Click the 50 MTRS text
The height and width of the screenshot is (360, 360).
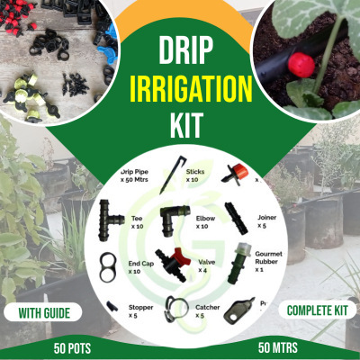coord(279,346)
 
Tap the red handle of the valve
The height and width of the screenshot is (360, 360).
coord(165,256)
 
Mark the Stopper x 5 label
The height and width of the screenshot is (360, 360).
coord(139,310)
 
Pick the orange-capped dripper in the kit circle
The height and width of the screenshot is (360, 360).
coord(237,169)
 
